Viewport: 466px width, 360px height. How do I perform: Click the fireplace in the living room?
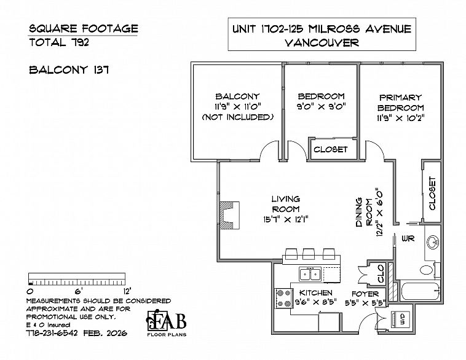[229, 216]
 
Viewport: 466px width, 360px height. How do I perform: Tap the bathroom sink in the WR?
[433, 242]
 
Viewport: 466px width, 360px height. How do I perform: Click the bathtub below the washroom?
[421, 291]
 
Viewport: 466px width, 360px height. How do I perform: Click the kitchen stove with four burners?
[283, 298]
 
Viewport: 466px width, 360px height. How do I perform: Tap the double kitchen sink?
[309, 274]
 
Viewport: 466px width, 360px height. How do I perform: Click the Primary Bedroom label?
[400, 103]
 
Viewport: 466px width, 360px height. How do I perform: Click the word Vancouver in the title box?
[322, 43]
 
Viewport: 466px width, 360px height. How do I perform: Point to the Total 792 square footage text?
[59, 42]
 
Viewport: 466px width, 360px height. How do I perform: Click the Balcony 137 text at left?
[69, 70]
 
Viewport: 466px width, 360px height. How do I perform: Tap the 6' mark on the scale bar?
[79, 290]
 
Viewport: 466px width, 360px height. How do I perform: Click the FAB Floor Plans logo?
[167, 323]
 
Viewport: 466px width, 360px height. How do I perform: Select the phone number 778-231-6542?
[52, 333]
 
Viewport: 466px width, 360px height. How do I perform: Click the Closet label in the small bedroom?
[331, 149]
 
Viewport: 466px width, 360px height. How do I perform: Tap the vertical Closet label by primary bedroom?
[432, 194]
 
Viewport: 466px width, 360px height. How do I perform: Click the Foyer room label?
[365, 294]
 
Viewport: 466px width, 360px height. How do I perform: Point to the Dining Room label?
[364, 212]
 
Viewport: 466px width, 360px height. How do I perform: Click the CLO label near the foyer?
[381, 274]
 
